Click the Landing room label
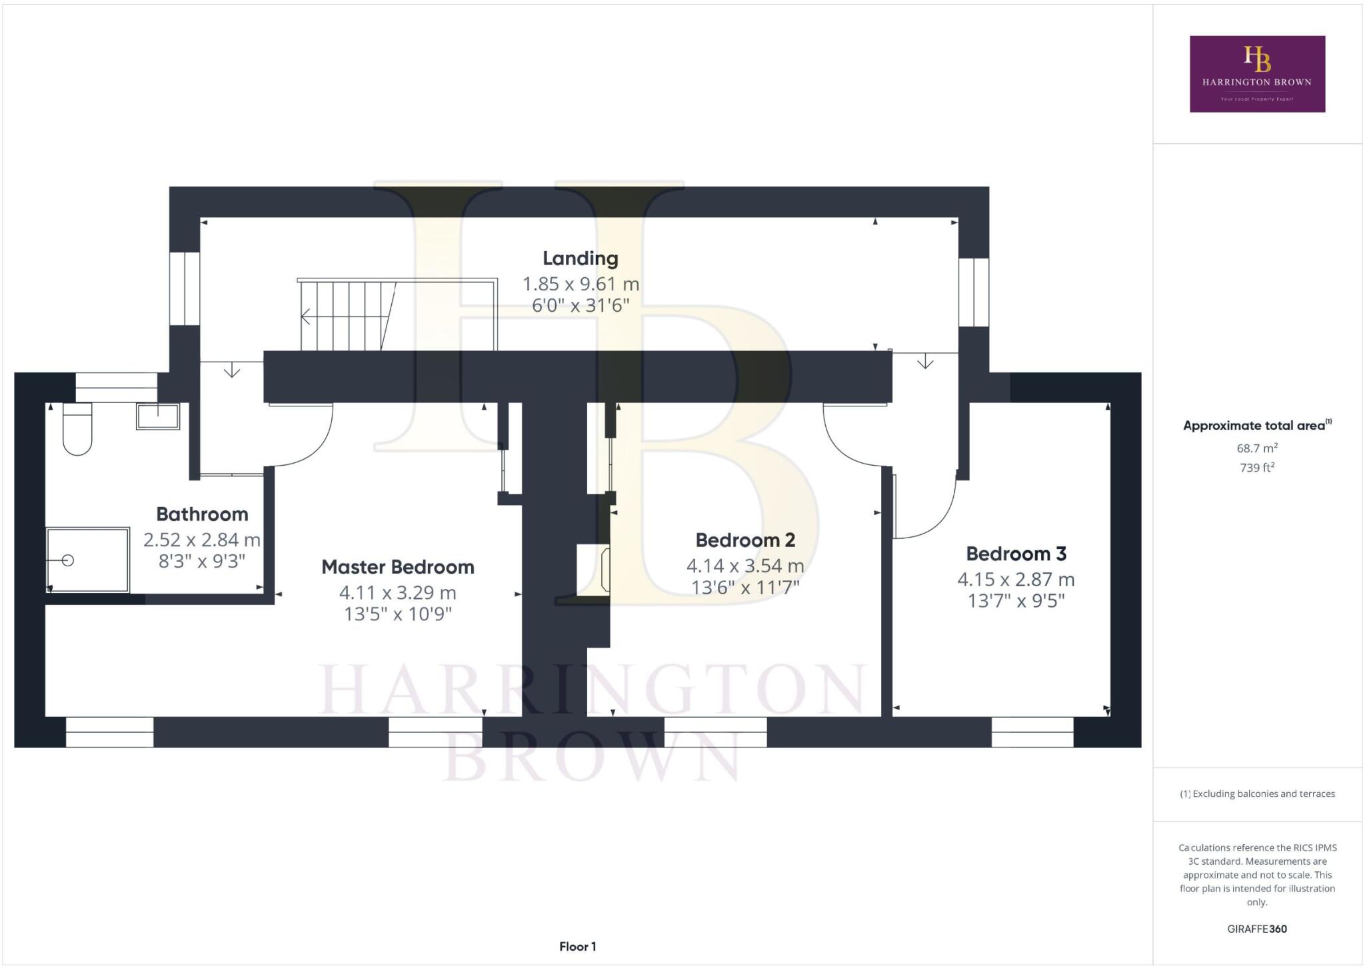580,258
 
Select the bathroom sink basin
158,416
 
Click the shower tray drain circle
67,560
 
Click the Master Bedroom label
398,567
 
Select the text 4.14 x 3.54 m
745,566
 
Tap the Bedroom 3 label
1016,554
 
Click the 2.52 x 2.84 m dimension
201,540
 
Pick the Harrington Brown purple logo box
1257,74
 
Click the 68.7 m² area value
1257,448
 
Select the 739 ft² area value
1257,468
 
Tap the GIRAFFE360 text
1257,929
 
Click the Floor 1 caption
577,946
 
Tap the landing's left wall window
185,288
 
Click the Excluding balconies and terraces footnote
1257,793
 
